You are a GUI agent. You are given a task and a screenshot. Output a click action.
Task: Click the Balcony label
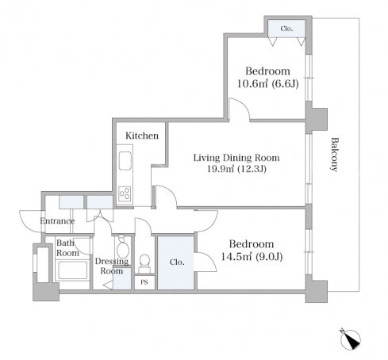[x=334, y=155]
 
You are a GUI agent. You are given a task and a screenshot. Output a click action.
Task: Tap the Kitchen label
[x=142, y=136]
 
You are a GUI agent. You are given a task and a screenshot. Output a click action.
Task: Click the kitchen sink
[x=125, y=161]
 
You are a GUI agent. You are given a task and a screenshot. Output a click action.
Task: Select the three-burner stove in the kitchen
[x=125, y=193]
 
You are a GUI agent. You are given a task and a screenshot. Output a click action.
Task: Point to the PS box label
[x=144, y=282]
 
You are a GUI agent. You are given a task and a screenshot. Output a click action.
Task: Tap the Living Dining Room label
[x=236, y=158]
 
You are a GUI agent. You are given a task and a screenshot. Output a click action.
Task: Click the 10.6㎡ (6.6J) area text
[x=267, y=84]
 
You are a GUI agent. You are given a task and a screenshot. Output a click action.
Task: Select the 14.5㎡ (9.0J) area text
[x=252, y=257]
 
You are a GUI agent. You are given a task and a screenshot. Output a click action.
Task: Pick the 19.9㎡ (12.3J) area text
[x=236, y=169]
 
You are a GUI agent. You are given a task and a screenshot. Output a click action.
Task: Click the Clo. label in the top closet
[x=286, y=29]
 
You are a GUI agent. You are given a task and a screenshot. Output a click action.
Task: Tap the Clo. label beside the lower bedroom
[x=177, y=262]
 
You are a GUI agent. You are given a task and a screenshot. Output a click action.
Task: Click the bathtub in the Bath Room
[x=73, y=270]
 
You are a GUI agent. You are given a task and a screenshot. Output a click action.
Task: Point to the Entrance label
[x=57, y=221]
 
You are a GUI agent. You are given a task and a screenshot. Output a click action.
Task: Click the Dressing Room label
[x=112, y=266]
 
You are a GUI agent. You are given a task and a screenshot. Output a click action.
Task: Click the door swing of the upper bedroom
[x=239, y=109]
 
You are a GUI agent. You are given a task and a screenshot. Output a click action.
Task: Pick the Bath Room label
[x=67, y=248]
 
